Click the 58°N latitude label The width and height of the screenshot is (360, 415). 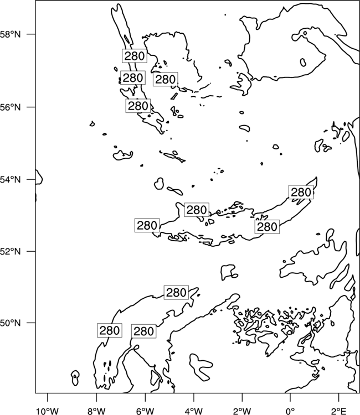[10, 34]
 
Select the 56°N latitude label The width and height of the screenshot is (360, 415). [10, 107]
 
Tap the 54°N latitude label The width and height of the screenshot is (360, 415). [10, 180]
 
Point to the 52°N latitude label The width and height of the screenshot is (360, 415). [10, 251]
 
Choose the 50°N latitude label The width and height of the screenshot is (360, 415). [10, 323]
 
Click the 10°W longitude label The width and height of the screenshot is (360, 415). [48, 411]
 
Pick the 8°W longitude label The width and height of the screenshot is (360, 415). [96, 411]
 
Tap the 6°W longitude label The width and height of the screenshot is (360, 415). [145, 411]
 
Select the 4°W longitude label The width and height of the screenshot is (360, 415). [194, 411]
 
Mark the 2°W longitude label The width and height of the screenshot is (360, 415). [242, 411]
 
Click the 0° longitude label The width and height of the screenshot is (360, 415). [290, 411]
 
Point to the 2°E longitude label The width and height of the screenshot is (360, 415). [339, 411]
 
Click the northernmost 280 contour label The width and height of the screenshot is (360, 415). [135, 56]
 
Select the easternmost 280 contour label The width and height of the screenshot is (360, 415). [301, 192]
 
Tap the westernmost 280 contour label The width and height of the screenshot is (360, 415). [110, 330]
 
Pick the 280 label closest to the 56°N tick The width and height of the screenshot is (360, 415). [138, 106]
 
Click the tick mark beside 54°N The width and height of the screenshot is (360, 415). [31, 180]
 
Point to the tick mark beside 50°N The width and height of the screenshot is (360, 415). [31, 323]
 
